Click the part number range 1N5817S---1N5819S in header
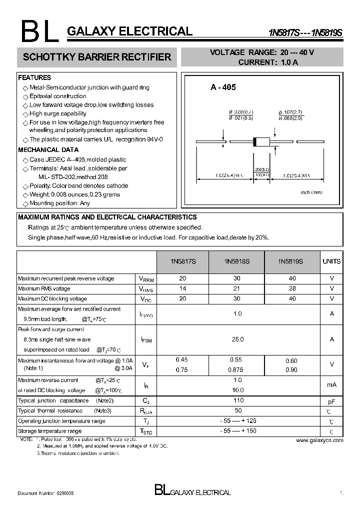pos(306,33)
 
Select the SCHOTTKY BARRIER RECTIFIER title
pos(97,57)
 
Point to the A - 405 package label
pos(223,87)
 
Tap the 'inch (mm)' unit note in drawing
pos(311,192)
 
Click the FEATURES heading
pos(34,78)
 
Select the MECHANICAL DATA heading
pos(48,149)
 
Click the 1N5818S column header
pos(237,261)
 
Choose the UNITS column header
pos(331,261)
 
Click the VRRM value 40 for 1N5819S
pos(292,278)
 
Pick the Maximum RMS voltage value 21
pos(237,288)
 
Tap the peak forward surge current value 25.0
pos(237,339)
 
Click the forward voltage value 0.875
pos(237,370)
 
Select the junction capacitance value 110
pos(238,400)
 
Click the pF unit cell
pos(331,401)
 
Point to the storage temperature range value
pos(238,431)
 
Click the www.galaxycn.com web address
pos(319,440)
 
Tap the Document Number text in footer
pos(46,493)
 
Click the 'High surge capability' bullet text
pos(57,113)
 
